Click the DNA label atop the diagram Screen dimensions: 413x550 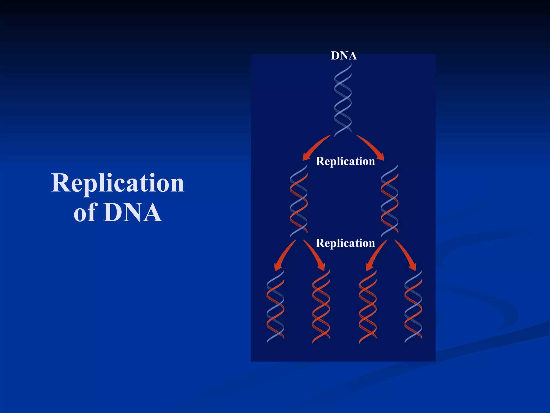344,56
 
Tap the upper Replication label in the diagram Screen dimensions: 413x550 345,161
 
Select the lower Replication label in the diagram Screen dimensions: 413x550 345,243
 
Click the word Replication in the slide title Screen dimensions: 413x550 118,183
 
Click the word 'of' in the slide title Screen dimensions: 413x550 85,212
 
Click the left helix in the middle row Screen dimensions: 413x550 298,201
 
